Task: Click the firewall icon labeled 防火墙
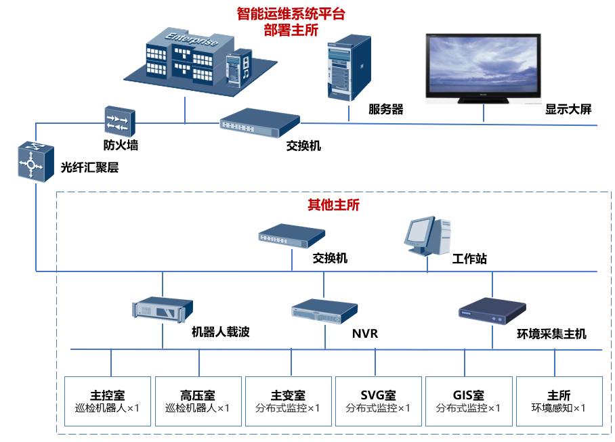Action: tap(120, 121)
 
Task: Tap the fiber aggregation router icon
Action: tap(36, 162)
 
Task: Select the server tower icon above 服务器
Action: tap(349, 68)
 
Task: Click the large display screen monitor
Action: tap(483, 69)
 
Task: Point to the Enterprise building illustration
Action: tap(200, 62)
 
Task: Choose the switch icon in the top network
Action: tap(260, 123)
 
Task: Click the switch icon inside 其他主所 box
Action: tap(292, 236)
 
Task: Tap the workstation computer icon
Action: tap(427, 236)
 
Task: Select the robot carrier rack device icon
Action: tap(163, 309)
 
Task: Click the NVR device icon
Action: tap(324, 311)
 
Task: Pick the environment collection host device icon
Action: tap(492, 311)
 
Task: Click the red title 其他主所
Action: tap(333, 204)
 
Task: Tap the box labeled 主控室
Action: tap(108, 401)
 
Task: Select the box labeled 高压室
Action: tap(198, 401)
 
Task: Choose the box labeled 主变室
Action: tap(289, 401)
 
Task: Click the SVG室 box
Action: tap(379, 401)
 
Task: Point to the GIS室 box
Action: tap(469, 401)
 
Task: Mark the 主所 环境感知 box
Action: tap(559, 401)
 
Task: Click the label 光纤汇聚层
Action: tap(89, 167)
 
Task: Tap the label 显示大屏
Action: tap(568, 109)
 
